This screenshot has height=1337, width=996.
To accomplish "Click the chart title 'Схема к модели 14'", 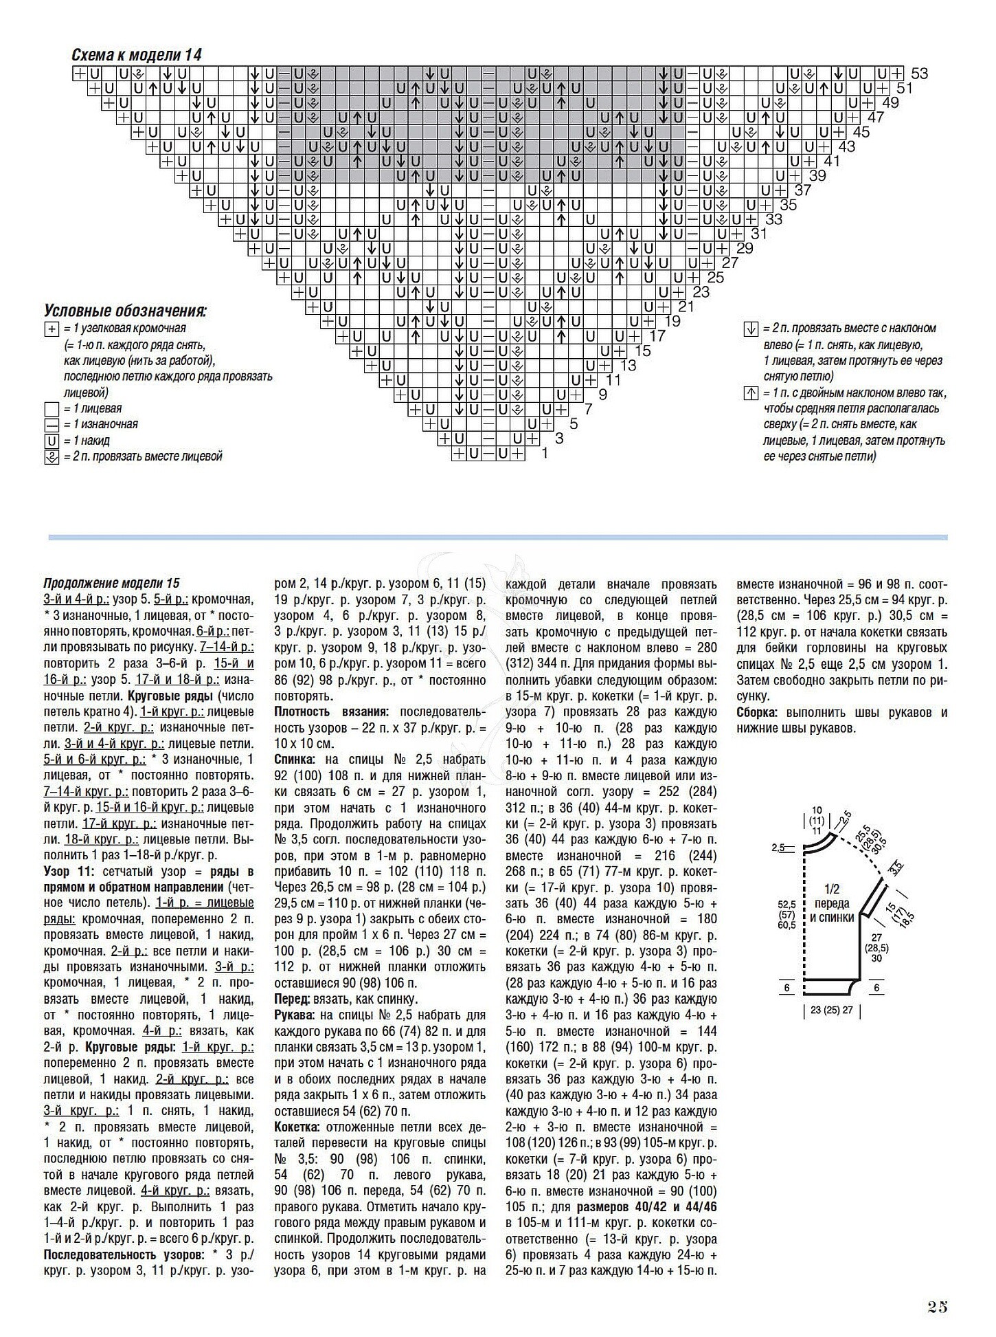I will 136,55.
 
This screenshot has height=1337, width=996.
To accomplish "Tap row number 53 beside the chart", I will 919,74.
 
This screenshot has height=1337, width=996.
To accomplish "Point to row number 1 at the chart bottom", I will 544,454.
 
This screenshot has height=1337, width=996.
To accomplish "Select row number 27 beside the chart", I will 730,263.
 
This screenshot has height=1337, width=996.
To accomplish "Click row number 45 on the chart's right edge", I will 861,132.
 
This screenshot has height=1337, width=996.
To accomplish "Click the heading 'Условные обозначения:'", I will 126,311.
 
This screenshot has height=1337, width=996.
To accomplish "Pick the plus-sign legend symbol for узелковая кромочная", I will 52,329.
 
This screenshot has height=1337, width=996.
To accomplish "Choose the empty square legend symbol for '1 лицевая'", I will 52,409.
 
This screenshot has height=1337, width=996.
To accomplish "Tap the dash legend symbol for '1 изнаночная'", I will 52,425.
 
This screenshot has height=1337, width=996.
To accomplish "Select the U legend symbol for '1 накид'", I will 52,441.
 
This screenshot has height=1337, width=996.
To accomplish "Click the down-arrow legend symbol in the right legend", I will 751,329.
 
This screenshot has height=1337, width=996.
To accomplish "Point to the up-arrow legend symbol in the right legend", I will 751,394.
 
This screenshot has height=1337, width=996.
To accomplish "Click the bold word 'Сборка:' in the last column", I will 757,712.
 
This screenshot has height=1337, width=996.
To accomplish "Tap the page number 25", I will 937,1307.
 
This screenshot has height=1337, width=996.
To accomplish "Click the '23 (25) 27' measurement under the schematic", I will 831,1010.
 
